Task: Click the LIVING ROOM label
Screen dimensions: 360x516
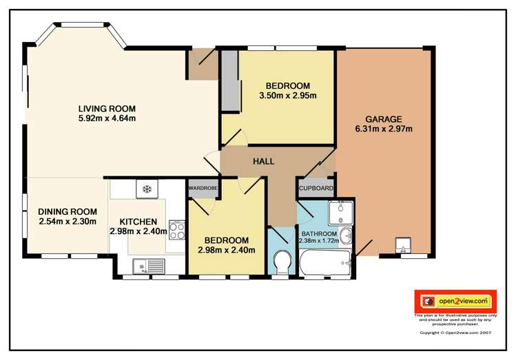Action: click(106, 108)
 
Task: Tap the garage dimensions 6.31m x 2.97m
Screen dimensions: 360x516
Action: click(383, 129)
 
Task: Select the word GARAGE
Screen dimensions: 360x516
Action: click(383, 119)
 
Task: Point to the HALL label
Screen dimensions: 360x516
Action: click(263, 162)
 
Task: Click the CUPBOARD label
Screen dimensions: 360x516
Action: click(316, 188)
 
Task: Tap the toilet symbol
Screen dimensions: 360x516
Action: click(281, 262)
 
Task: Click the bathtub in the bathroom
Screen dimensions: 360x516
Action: click(324, 262)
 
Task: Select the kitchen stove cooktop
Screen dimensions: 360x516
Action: click(176, 229)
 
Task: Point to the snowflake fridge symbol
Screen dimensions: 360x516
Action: click(146, 188)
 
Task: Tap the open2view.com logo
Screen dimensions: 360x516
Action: click(455, 301)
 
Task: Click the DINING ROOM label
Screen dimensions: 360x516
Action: click(68, 211)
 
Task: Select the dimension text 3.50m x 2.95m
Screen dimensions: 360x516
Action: click(287, 96)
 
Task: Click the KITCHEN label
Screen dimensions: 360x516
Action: click(138, 222)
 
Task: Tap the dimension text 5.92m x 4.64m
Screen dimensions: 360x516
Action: click(106, 118)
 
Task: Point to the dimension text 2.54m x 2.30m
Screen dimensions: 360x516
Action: click(68, 221)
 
